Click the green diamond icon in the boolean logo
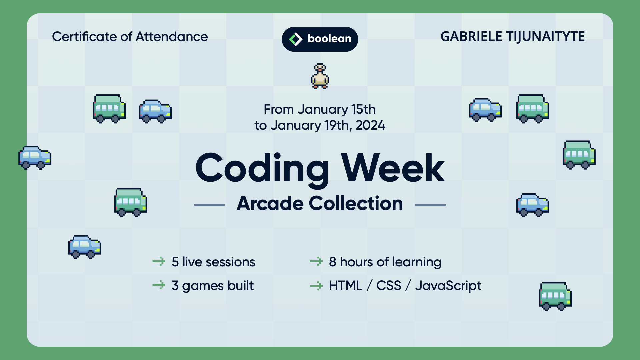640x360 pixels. pyautogui.click(x=295, y=39)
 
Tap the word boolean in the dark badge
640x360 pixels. pyautogui.click(x=329, y=39)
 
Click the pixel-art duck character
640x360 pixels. pyautogui.click(x=320, y=76)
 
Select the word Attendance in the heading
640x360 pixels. pyautogui.click(x=172, y=37)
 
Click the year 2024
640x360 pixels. pyautogui.click(x=370, y=125)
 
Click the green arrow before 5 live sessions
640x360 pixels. pyautogui.click(x=159, y=261)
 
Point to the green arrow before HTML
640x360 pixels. pyautogui.click(x=316, y=286)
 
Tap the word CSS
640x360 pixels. pyautogui.click(x=389, y=286)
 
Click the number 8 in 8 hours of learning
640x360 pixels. pyautogui.click(x=332, y=262)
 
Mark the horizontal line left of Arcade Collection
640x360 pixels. pyautogui.click(x=210, y=205)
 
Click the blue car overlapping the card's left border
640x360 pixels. pyautogui.click(x=35, y=158)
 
